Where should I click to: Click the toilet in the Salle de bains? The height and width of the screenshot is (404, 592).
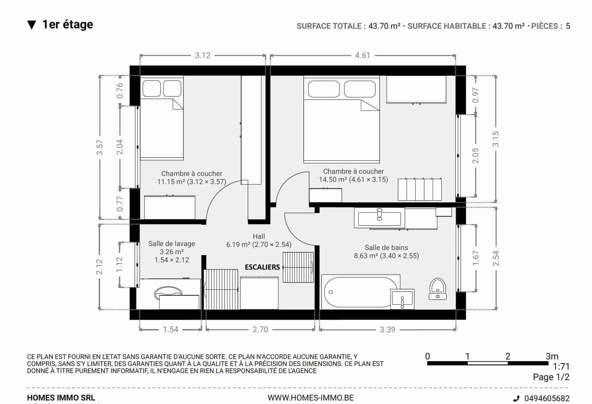click(x=438, y=289)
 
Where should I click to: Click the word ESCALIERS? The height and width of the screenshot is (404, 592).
click(x=262, y=267)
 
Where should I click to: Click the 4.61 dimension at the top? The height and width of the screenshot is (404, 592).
click(x=363, y=55)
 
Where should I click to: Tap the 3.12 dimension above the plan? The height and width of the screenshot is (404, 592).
click(x=203, y=55)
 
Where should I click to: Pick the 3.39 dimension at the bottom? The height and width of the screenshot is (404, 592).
click(x=387, y=330)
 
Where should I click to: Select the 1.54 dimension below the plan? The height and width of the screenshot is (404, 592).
click(x=171, y=330)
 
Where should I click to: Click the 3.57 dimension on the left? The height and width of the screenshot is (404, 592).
click(x=100, y=147)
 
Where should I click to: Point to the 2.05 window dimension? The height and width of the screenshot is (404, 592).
click(x=475, y=156)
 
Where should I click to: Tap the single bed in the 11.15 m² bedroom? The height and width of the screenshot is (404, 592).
click(x=161, y=118)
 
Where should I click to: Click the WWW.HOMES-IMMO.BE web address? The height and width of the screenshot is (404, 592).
click(x=311, y=398)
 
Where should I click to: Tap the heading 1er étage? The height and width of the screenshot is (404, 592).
click(x=68, y=24)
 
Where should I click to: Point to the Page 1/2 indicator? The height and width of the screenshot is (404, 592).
click(x=551, y=377)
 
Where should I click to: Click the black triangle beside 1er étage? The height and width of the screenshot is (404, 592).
click(x=32, y=25)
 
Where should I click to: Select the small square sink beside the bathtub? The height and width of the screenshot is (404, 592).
click(x=402, y=298)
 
